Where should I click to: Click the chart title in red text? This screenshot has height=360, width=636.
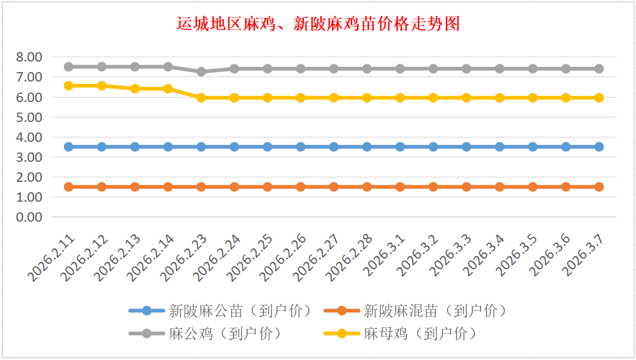coord(317,24)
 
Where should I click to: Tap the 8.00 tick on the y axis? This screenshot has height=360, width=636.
coord(30,57)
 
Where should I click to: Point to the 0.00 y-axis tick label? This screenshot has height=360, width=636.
coord(30,217)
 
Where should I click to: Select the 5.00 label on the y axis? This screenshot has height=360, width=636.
coord(30,117)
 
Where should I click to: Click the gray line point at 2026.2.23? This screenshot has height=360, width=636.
coord(201,72)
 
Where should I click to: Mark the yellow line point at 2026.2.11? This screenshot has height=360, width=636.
coord(69,86)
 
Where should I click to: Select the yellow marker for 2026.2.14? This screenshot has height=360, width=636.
coord(168,89)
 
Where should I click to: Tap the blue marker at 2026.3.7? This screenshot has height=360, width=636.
coord(599,147)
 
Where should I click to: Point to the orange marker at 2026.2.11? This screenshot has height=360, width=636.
coord(69,186)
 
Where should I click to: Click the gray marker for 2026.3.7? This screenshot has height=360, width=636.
coord(599,69)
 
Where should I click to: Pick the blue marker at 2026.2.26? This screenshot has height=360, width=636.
coord(300,147)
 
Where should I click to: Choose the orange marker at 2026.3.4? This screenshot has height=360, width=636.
coord(499,186)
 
